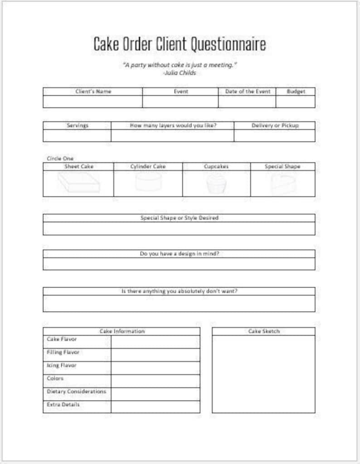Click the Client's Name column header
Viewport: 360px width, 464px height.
(93, 92)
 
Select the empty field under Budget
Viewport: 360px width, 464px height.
(295, 102)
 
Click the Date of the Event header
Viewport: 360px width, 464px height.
(247, 92)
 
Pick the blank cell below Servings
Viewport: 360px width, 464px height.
(77, 136)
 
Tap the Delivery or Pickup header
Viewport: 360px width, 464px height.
(275, 126)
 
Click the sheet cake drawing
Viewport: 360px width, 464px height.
(78, 183)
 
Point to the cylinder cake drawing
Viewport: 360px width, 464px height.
(148, 182)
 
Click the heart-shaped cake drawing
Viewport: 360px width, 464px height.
(283, 184)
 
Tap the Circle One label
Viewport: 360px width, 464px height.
(60, 159)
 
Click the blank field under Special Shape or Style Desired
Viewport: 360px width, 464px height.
(179, 229)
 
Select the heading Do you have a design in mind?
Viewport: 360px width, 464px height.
(179, 254)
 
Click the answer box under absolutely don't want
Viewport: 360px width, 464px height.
(179, 303)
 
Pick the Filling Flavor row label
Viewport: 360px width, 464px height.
(63, 352)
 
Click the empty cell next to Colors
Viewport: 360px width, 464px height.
(155, 381)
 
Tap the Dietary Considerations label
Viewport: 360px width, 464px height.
(76, 391)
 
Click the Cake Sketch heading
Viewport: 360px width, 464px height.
(264, 332)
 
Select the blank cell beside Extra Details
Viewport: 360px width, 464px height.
(155, 407)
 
